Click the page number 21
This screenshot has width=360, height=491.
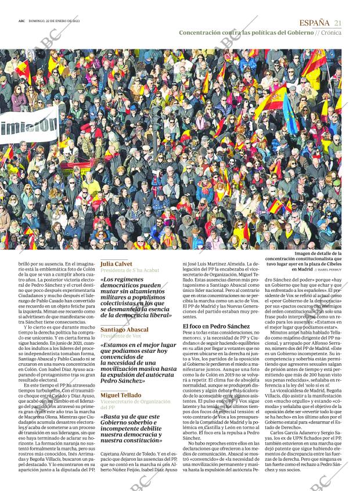click(337, 22)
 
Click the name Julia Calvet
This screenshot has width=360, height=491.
click(116, 263)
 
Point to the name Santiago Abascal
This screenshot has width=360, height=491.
click(124, 330)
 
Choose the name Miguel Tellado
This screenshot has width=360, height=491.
click(121, 395)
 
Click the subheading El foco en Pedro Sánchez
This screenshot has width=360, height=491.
click(216, 326)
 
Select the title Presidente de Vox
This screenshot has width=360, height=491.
click(120, 337)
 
